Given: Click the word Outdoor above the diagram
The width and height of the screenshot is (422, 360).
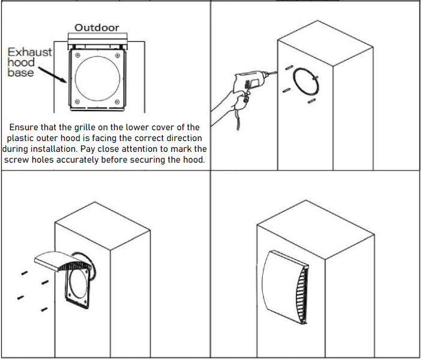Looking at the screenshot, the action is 97,28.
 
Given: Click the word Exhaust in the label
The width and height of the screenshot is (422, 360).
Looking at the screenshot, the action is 29,52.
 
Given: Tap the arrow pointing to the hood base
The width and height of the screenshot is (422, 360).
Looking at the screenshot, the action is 52,75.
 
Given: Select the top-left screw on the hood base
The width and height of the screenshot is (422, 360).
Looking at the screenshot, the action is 78,55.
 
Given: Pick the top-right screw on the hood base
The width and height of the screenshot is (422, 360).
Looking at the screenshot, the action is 117,55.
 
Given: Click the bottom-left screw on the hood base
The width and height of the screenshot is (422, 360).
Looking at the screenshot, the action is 77,101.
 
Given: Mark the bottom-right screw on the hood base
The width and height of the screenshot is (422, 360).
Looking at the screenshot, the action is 117,101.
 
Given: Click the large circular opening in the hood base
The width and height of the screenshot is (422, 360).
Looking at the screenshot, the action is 97,56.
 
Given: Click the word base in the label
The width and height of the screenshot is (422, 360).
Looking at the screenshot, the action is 20,73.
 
